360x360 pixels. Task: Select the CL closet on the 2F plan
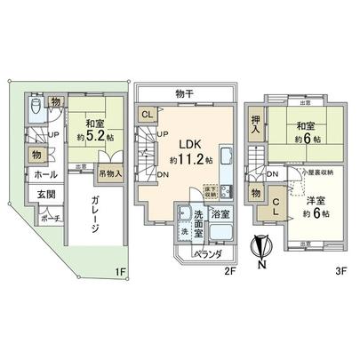tap(147, 116)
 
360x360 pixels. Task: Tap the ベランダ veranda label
tap(208, 257)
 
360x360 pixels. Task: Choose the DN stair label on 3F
tap(275, 174)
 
